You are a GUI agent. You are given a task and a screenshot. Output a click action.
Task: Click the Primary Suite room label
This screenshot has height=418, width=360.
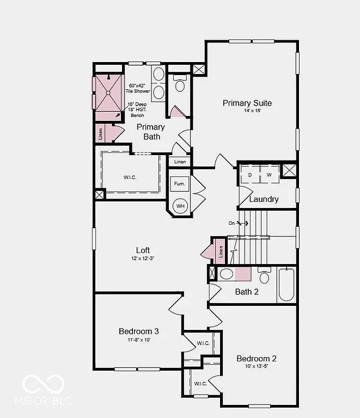click(247, 103)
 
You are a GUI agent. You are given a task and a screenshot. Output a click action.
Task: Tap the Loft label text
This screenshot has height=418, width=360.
click(143, 250)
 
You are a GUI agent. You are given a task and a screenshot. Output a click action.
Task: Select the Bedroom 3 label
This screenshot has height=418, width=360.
click(139, 331)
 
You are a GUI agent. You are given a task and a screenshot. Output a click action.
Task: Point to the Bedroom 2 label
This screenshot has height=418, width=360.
click(257, 358)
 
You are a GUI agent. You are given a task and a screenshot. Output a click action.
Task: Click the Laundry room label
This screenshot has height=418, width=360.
click(264, 199)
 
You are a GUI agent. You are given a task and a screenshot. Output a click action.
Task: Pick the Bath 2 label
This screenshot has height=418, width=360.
click(247, 292)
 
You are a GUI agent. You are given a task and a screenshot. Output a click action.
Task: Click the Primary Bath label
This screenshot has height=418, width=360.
click(151, 131)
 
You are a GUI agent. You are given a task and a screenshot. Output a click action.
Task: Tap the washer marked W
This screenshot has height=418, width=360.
click(269, 175)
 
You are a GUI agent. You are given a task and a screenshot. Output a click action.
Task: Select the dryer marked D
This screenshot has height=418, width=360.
click(250, 175)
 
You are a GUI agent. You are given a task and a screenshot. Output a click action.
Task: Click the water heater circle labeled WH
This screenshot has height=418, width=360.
click(180, 206)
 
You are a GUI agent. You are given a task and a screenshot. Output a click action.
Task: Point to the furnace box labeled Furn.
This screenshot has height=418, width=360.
click(180, 184)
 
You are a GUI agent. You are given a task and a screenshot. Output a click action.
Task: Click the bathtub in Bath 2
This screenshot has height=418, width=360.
click(286, 284)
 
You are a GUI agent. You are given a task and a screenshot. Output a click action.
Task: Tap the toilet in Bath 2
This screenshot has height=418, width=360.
click(265, 276)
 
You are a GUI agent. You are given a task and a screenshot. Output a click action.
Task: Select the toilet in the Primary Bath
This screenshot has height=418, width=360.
click(180, 84)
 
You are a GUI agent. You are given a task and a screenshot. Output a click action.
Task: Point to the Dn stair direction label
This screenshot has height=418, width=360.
click(232, 223)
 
